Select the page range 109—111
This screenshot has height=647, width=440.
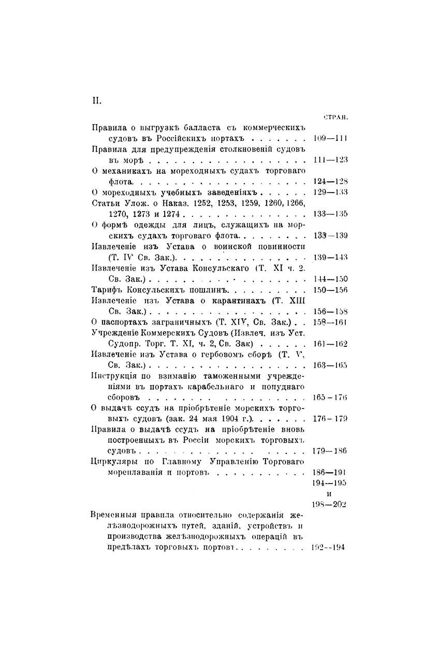(x=330, y=138)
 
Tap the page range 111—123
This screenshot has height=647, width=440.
(x=330, y=160)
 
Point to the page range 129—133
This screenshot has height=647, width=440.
(x=330, y=192)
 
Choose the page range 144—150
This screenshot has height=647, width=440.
(x=330, y=278)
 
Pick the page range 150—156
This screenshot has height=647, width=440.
(x=330, y=289)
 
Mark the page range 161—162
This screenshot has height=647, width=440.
(x=330, y=344)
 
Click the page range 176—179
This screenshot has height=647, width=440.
(x=330, y=419)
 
